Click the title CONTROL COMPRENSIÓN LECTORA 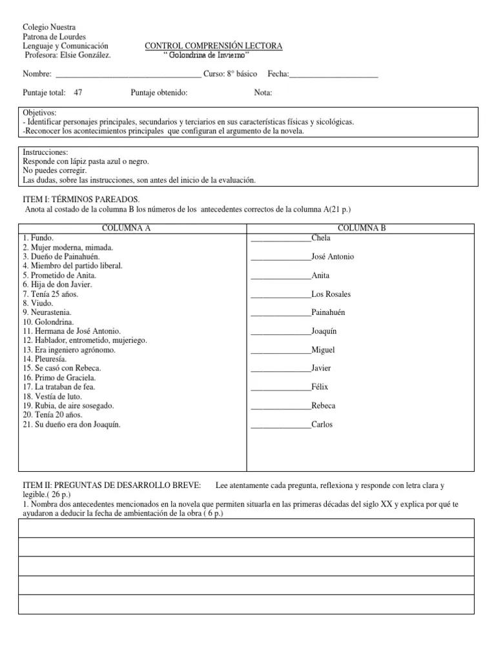[213, 46]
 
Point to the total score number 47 [78, 93]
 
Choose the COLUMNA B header [362, 229]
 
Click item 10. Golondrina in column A [48, 322]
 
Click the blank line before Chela [280, 239]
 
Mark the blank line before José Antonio [280, 258]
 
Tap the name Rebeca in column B [324, 406]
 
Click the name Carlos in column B [322, 425]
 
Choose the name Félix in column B [320, 387]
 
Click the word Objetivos [40, 113]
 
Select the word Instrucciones [45, 152]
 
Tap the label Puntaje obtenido [159, 93]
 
